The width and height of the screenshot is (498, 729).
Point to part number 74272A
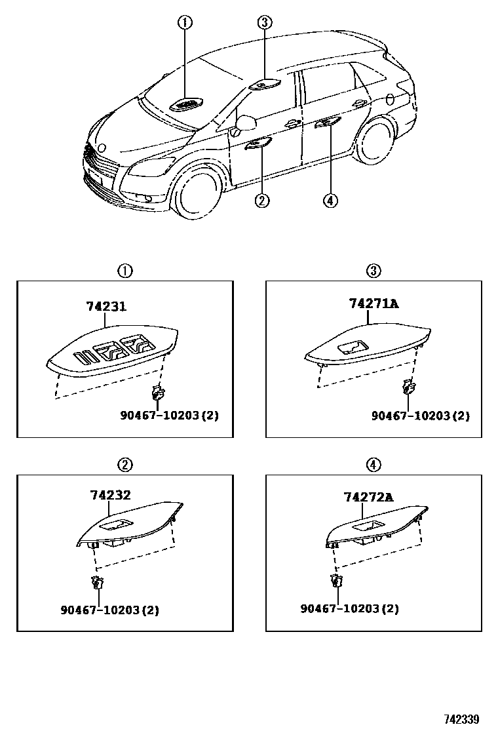tap(368, 498)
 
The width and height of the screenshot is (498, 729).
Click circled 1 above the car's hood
tap(185, 23)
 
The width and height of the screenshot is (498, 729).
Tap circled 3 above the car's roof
tap(264, 23)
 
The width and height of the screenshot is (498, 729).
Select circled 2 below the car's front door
tap(261, 201)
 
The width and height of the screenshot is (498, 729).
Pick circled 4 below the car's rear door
tap(330, 201)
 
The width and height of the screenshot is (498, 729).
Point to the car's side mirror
tap(246, 122)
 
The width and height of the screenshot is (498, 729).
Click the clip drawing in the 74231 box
tap(157, 393)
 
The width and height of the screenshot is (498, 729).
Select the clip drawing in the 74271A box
tap(410, 387)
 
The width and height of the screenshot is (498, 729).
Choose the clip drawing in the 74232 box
tap(98, 582)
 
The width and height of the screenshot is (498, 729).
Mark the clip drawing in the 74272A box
tap(337, 580)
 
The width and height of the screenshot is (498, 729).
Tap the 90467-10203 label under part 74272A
tap(349, 608)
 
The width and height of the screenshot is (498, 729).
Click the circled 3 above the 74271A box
tap(373, 271)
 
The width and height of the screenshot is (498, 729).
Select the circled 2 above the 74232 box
tap(125, 465)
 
